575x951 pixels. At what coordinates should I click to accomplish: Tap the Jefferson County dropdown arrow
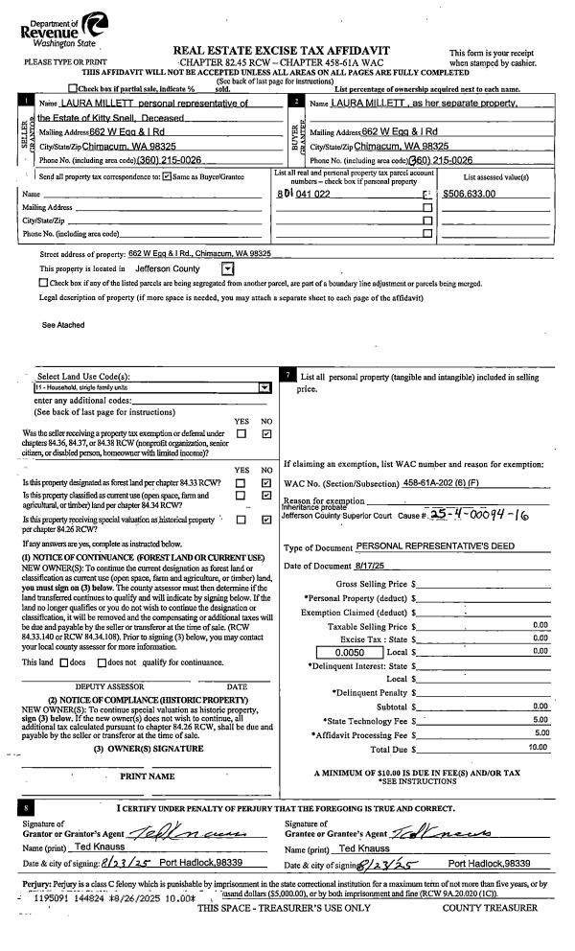(227, 268)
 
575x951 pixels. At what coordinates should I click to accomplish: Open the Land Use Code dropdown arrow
(264, 387)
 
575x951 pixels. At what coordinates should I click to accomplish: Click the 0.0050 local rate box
(349, 653)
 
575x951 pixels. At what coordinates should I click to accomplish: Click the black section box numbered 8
(30, 808)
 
